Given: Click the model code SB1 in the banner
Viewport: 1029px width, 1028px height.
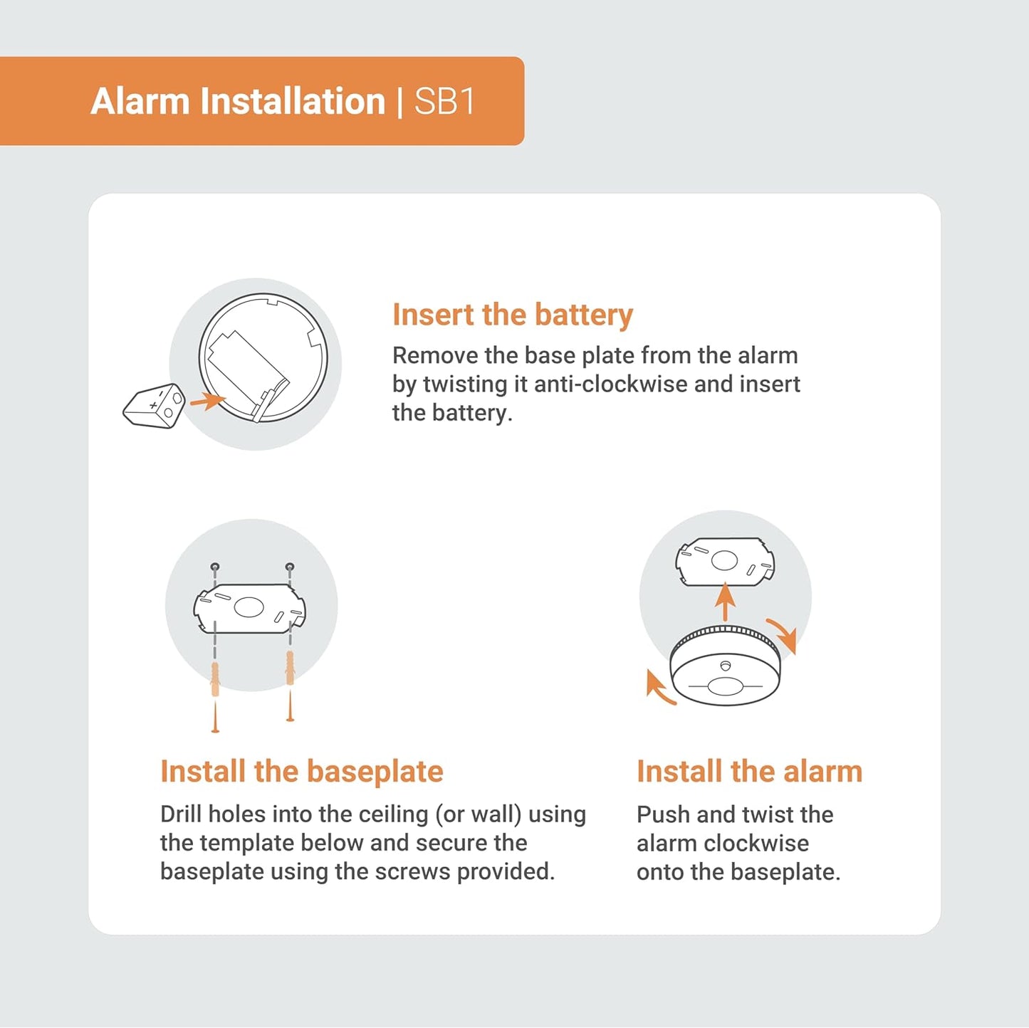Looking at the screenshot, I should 444,101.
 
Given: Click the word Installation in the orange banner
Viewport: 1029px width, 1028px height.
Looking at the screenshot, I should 293,101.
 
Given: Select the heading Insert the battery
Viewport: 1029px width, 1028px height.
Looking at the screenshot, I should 513,315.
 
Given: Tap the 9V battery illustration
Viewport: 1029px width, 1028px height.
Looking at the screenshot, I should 155,407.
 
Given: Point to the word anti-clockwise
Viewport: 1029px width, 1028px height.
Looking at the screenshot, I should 611,384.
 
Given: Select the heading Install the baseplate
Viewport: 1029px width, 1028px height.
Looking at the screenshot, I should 302,771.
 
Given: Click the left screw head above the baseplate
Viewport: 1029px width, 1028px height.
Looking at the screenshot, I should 215,567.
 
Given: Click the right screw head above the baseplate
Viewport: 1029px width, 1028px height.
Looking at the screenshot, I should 290,567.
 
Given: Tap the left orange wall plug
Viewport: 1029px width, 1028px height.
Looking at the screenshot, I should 215,679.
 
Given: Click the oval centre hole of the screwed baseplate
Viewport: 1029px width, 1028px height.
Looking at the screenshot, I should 249,607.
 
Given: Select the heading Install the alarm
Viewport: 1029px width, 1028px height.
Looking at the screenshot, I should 749,771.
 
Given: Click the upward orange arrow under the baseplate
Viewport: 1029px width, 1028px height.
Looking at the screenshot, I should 725,602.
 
